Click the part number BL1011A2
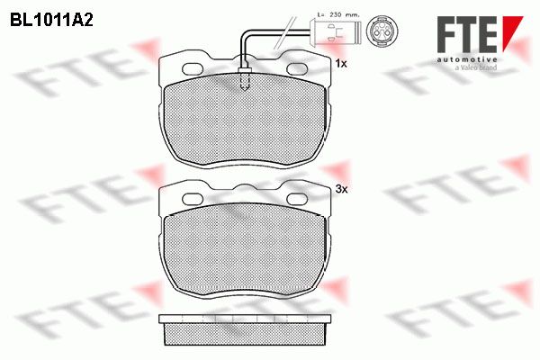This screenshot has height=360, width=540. pos(51,21)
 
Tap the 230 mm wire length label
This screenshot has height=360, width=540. pos(338,14)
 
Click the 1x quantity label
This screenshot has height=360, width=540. pos(341,63)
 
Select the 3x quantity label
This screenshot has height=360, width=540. pos(342,189)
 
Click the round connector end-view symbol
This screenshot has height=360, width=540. pos(382,31)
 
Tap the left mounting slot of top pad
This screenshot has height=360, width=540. pos(193,69)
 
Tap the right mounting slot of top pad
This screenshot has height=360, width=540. pos(297,69)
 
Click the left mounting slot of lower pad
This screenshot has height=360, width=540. pos(193,199)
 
